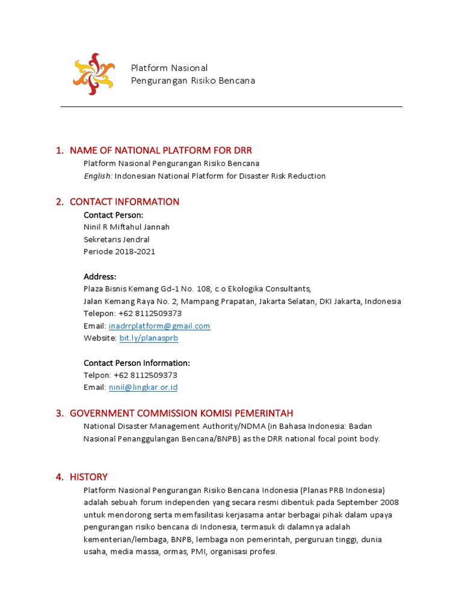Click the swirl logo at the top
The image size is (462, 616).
(x=93, y=74)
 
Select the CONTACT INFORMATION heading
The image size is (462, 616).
(x=125, y=202)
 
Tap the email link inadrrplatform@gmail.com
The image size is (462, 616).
(x=159, y=326)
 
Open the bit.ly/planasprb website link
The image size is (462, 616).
(x=149, y=338)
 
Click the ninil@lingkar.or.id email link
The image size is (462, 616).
(x=143, y=387)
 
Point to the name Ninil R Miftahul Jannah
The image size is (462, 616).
(x=126, y=227)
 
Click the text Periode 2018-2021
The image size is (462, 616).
(x=119, y=251)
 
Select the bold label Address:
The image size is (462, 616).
(x=100, y=277)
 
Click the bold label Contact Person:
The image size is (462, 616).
(x=114, y=215)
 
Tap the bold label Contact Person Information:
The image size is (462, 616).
(x=137, y=363)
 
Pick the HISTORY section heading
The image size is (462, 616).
(x=88, y=477)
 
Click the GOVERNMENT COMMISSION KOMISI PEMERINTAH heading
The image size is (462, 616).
(x=181, y=413)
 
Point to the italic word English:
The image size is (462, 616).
(x=98, y=176)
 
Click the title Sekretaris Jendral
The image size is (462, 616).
(x=117, y=239)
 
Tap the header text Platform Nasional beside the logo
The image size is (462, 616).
(x=170, y=68)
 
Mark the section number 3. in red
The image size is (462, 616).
(x=60, y=413)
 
